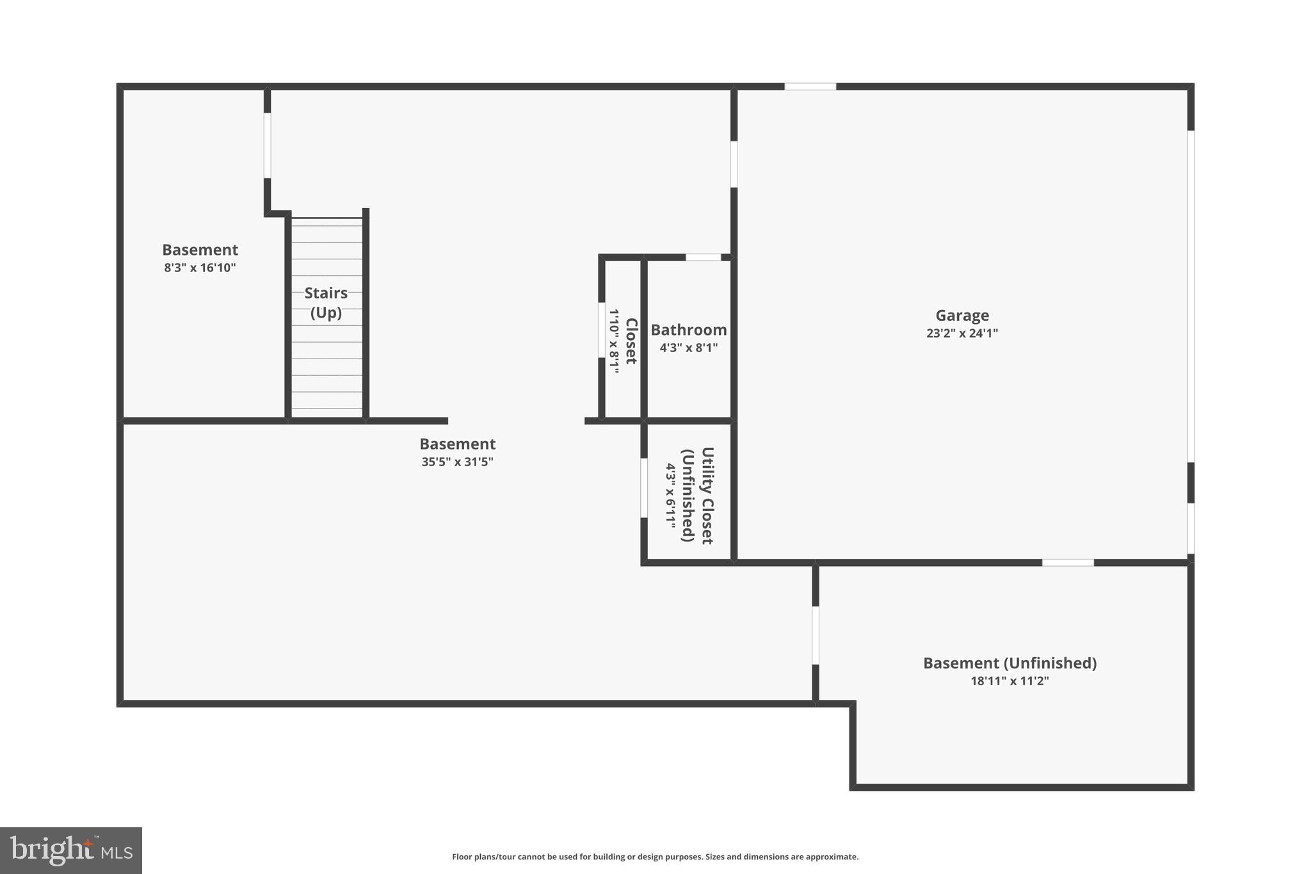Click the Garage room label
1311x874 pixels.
[961, 315]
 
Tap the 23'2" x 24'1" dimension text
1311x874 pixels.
[961, 333]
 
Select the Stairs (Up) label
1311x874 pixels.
[326, 302]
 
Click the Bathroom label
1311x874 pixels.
[689, 330]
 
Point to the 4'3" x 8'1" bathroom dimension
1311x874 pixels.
[689, 348]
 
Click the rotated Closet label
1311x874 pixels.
[631, 341]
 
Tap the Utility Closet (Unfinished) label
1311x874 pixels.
[698, 495]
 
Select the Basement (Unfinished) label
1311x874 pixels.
[1009, 663]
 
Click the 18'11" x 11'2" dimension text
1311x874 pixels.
[1009, 681]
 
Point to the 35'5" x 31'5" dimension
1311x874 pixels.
[457, 462]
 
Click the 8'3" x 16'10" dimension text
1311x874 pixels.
[200, 268]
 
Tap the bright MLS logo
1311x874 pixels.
[71, 850]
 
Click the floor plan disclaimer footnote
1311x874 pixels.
[655, 857]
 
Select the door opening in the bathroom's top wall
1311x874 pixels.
[703, 257]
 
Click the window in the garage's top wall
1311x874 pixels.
[810, 86]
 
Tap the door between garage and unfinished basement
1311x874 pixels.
[1068, 563]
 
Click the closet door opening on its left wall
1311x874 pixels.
[602, 330]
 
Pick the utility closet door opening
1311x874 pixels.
[644, 488]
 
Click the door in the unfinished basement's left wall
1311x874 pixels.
[816, 635]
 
